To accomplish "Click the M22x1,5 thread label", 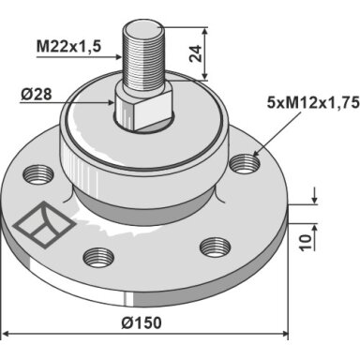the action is [69, 47].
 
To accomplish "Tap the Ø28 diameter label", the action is [37, 94].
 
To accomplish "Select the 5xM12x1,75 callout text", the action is [313, 102].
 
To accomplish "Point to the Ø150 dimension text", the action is [142, 322].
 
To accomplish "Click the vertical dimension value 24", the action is [196, 53].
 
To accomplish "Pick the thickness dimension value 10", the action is [306, 243].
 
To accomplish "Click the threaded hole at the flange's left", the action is [39, 175].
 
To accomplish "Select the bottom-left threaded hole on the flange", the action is [98, 258].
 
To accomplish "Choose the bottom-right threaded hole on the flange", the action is [216, 247].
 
